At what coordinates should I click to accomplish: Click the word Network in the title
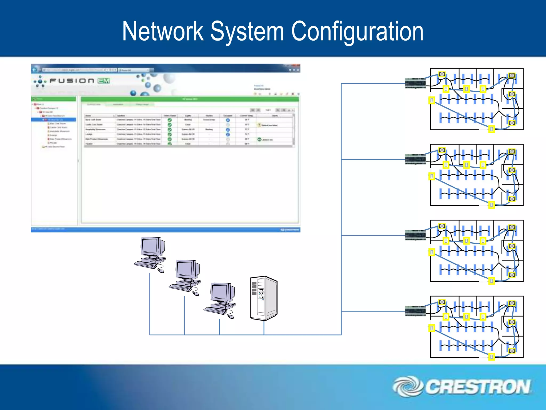tap(163, 31)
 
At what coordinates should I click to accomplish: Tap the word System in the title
tap(247, 31)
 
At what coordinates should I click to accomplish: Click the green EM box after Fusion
tap(103, 81)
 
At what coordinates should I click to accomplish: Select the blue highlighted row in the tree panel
tap(54, 120)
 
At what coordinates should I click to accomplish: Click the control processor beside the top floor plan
tap(415, 83)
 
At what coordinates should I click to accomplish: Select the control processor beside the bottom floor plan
tap(415, 311)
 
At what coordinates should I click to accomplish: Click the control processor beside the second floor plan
tap(415, 159)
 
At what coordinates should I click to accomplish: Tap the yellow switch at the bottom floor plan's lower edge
tap(491, 357)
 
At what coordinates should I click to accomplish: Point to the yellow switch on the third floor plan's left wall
tap(432, 252)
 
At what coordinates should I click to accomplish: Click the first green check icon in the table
tap(170, 120)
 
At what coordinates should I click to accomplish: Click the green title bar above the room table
tap(190, 99)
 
